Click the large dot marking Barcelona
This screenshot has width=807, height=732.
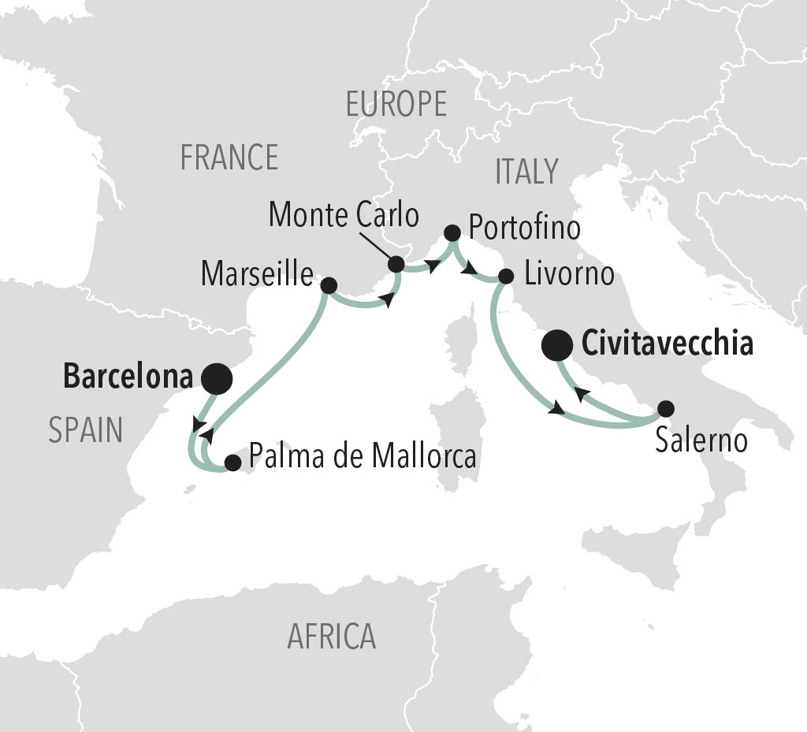tap(217, 379)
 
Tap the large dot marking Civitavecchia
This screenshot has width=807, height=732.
tap(558, 345)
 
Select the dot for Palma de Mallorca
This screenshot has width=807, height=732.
tap(232, 463)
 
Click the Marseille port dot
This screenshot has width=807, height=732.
tap(329, 284)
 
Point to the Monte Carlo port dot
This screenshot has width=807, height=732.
tap(396, 263)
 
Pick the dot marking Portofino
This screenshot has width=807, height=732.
tap(452, 232)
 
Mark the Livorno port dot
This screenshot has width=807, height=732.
tap(507, 277)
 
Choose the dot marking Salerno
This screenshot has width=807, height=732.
tap(666, 408)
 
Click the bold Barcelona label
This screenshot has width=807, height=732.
tap(128, 377)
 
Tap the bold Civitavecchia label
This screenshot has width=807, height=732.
tap(667, 344)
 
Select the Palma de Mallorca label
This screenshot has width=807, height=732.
tap(363, 455)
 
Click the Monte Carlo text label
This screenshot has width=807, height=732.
tap(344, 215)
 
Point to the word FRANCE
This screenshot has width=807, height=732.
tap(229, 158)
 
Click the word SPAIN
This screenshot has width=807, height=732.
tap(86, 430)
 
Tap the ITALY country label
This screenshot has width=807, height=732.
tap(526, 171)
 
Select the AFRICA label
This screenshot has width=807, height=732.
tap(331, 636)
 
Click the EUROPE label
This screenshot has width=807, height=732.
tap(396, 104)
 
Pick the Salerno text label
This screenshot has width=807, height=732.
tap(701, 440)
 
